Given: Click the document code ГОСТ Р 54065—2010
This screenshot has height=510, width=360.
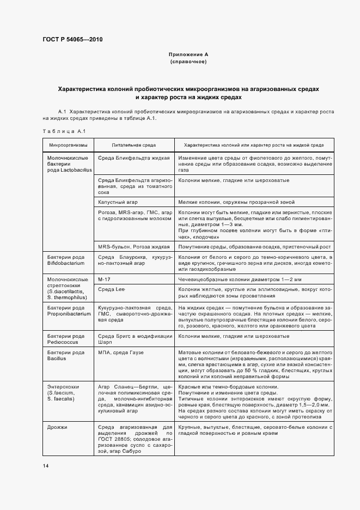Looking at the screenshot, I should (x=72, y=39).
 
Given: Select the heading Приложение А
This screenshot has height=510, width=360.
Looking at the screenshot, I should (x=188, y=55).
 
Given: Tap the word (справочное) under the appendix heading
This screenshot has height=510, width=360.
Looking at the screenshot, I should (x=188, y=62).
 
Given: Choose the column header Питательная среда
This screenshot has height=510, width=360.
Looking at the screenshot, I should (x=134, y=145).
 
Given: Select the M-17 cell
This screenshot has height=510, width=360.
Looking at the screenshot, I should (x=103, y=278).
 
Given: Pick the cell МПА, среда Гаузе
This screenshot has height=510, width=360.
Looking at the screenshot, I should (x=121, y=353).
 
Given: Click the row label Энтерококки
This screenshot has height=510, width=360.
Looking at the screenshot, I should (x=64, y=386).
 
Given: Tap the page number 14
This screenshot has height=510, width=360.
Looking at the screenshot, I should (x=45, y=466).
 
